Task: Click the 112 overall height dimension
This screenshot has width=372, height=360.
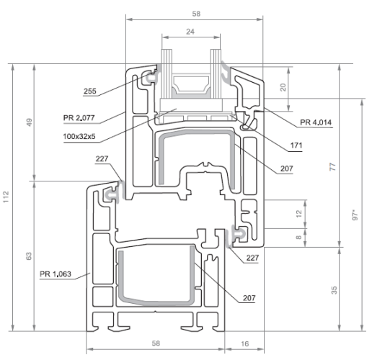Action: pos(6,197)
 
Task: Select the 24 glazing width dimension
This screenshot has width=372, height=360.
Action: pos(190,32)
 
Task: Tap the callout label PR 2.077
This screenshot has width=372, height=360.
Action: pos(79,118)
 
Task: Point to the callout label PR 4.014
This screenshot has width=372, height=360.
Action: pos(316,122)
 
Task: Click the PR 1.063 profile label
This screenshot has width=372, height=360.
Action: pos(56,274)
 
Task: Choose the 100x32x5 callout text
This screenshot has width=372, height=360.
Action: pos(79,137)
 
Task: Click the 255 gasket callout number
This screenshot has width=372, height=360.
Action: pos(90,91)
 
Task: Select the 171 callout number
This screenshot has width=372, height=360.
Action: pos(296,145)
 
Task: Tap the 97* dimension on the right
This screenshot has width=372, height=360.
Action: pos(355,215)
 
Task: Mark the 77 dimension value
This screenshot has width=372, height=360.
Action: pos(332,167)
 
